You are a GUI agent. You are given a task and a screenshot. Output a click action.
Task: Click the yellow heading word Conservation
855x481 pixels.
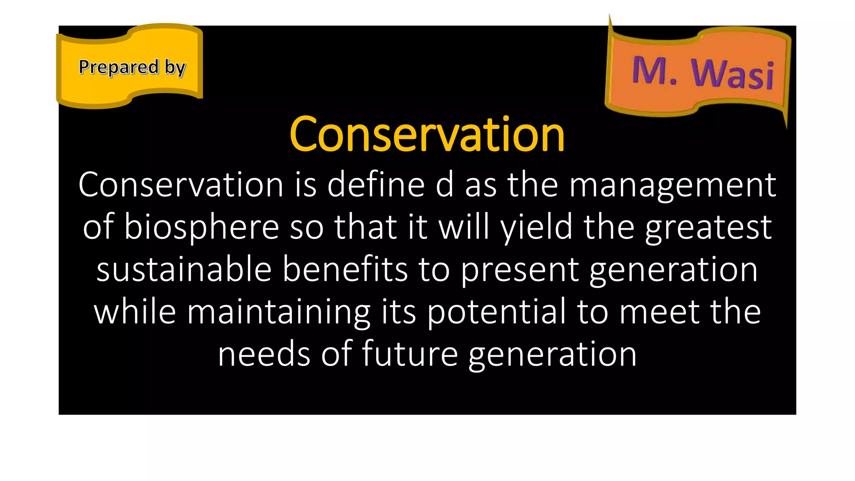tap(427, 134)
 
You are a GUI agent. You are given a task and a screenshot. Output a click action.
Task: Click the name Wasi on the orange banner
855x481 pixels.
tap(733, 74)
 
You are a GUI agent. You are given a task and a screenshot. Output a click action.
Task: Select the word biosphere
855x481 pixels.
tap(201, 228)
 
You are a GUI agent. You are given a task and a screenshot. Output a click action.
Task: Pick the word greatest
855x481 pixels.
tap(708, 228)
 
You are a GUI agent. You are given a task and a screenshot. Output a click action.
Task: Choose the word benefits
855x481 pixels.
tap(345, 269)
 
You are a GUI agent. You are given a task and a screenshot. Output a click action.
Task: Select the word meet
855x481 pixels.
tap(659, 311)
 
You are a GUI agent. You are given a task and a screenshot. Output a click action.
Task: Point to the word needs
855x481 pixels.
tap(264, 354)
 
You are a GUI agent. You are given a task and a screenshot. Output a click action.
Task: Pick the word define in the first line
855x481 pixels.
tap(376, 185)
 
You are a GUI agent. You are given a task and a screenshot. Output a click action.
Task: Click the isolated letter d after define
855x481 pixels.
tap(445, 185)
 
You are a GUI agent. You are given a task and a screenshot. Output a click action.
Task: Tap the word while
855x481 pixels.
tap(134, 311)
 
